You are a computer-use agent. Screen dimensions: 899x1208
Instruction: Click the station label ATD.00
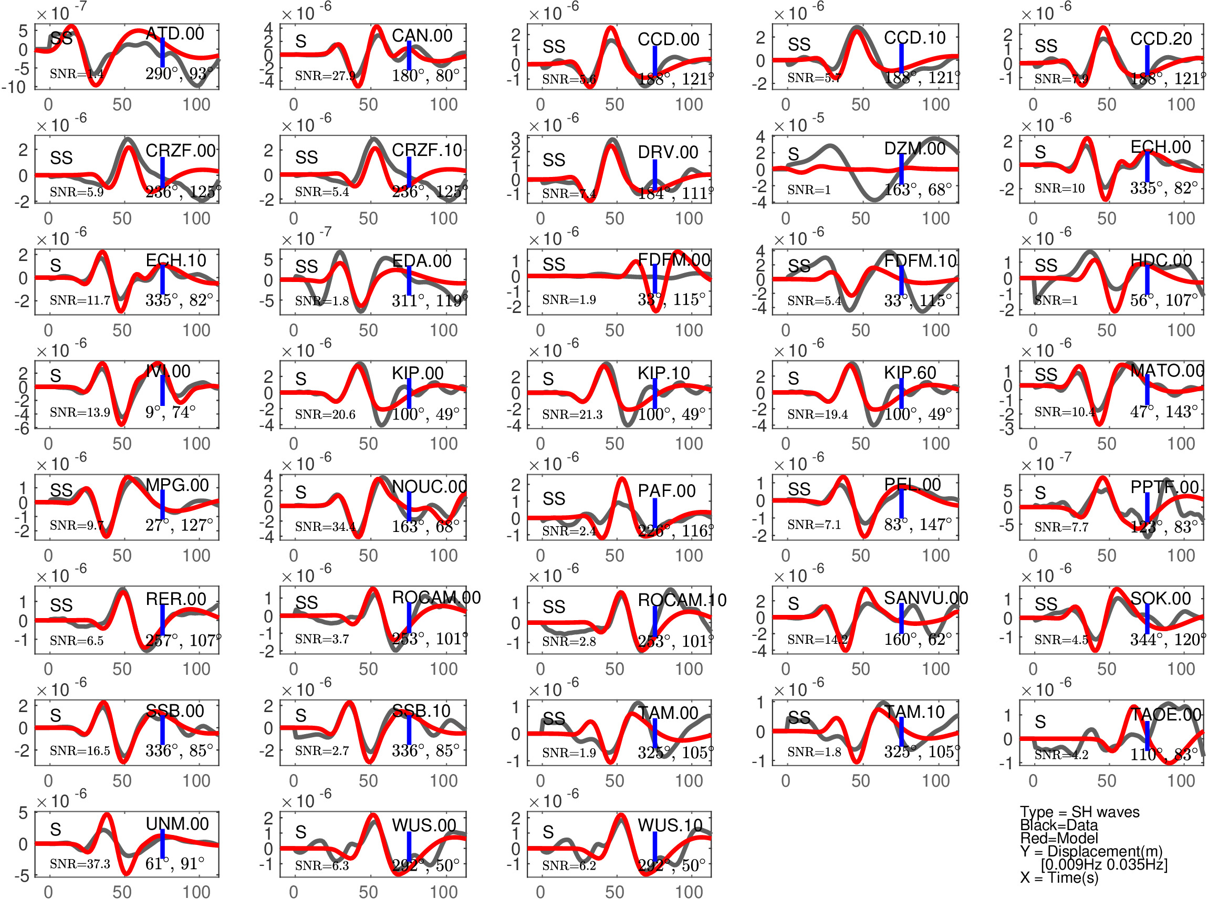(175, 34)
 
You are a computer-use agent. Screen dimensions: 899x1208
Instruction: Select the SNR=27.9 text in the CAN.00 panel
(325, 76)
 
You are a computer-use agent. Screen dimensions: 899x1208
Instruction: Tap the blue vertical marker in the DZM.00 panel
(901, 169)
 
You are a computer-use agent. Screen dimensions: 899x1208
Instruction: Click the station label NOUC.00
(429, 486)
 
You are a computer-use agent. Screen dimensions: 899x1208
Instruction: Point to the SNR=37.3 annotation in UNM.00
(79, 864)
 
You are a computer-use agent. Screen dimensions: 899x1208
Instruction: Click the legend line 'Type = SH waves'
(1079, 812)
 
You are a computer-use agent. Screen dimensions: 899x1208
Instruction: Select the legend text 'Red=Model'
(1058, 838)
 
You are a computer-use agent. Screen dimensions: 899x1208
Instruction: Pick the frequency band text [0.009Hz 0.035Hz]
(1103, 864)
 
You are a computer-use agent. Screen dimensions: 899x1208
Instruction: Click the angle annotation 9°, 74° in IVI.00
(170, 412)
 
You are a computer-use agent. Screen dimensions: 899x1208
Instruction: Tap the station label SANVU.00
(925, 598)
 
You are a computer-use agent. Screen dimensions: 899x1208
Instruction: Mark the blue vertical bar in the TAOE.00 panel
(1147, 736)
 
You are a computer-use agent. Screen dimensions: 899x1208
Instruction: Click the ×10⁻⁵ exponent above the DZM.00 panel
(798, 124)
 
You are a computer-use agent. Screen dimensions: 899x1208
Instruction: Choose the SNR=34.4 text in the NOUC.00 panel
(325, 526)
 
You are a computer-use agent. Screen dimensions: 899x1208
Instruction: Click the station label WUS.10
(670, 825)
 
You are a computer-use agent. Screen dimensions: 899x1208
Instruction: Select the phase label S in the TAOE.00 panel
(1040, 722)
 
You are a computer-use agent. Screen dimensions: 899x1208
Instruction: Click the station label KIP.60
(910, 373)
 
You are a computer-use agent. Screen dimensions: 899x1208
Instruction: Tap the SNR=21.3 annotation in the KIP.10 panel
(572, 414)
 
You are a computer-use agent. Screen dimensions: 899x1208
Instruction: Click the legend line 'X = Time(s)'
(1059, 877)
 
